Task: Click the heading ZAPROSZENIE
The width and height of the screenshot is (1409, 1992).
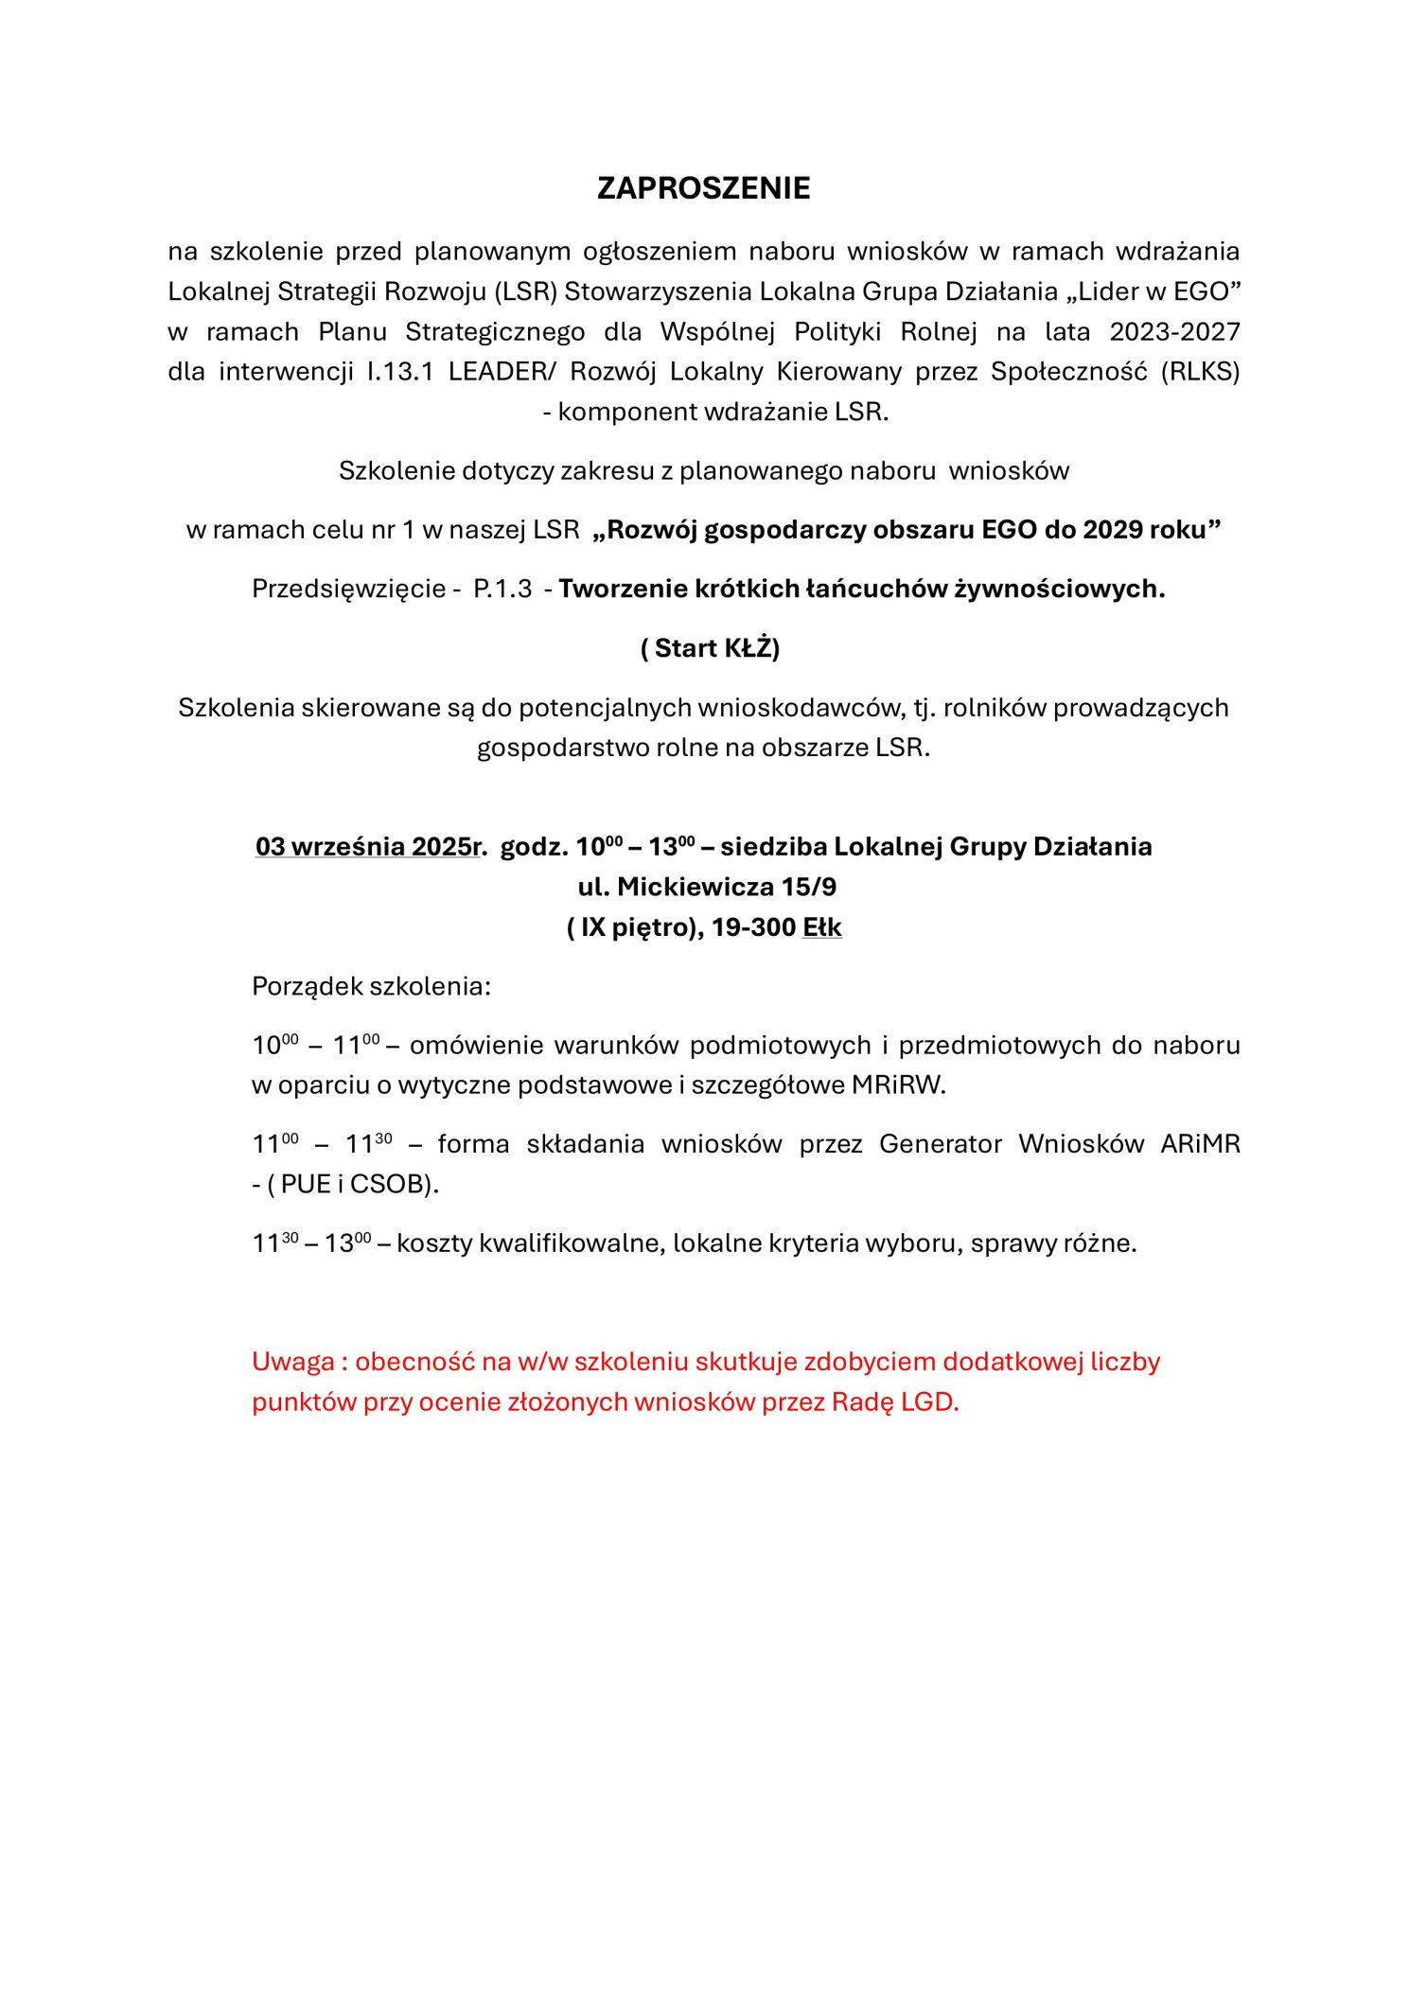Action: pyautogui.click(x=703, y=188)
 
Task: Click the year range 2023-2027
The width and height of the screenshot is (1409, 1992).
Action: pyautogui.click(x=1174, y=332)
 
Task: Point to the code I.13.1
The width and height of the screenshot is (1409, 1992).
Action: pyautogui.click(x=400, y=372)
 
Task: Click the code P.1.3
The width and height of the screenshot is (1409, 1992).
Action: pyautogui.click(x=502, y=589)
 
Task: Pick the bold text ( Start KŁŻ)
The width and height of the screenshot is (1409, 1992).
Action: pyautogui.click(x=710, y=648)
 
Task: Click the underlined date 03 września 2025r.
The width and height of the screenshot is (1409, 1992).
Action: pyautogui.click(x=371, y=846)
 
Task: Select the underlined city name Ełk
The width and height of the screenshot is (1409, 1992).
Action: pyautogui.click(x=821, y=927)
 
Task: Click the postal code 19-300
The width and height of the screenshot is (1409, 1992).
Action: pyautogui.click(x=753, y=927)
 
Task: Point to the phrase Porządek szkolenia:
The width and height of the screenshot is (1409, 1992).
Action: pyautogui.click(x=371, y=986)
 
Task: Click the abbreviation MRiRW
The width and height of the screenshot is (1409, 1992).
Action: pyautogui.click(x=898, y=1084)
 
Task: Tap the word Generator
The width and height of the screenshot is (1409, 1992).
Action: pyautogui.click(x=940, y=1144)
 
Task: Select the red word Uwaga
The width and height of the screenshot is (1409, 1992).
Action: pyautogui.click(x=293, y=1362)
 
